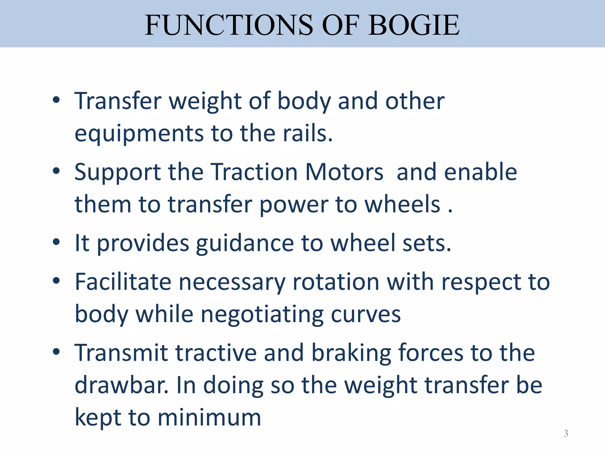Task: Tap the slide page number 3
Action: (x=566, y=433)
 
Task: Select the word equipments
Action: (x=139, y=134)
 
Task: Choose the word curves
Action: (x=366, y=314)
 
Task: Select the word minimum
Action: (x=209, y=418)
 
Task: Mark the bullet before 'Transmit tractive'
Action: (x=56, y=352)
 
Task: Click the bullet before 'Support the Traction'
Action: (x=56, y=171)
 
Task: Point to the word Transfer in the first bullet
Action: (x=118, y=101)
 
